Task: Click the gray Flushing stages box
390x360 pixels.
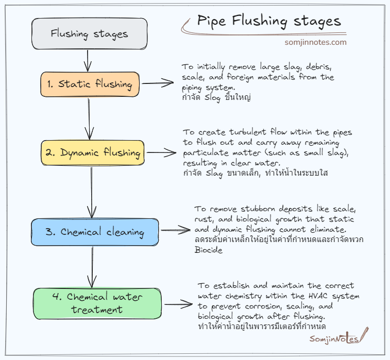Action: pos(90,35)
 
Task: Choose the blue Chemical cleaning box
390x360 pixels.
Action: pos(95,232)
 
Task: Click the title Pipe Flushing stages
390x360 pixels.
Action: pos(268,21)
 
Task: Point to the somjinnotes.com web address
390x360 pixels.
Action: pos(315,43)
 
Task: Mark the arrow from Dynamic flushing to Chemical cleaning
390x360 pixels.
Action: pos(92,192)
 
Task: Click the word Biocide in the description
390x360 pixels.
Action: pos(207,250)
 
